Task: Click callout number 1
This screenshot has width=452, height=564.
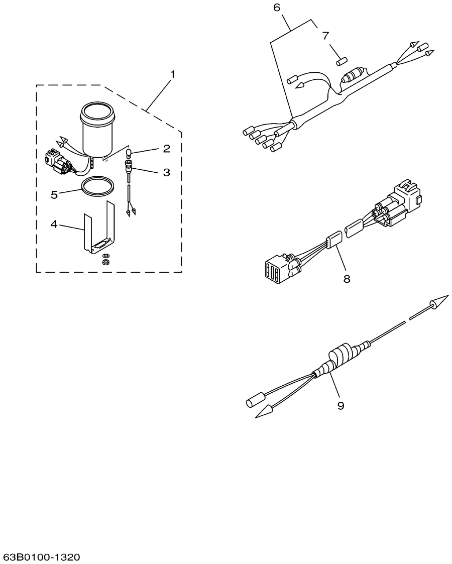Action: (173, 74)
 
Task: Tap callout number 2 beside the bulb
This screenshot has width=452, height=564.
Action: (167, 148)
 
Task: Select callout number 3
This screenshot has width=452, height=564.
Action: (167, 172)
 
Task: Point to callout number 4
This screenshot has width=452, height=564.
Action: (54, 224)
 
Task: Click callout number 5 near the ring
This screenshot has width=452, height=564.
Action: (54, 195)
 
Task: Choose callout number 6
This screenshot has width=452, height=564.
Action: (277, 7)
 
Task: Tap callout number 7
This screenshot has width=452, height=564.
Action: (325, 36)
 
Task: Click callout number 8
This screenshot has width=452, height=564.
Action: (347, 278)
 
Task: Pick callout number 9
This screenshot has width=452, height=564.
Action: (341, 405)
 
